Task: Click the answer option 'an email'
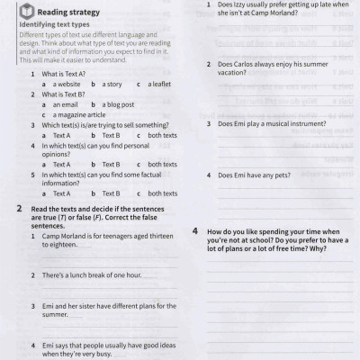pyautogui.click(x=60, y=104)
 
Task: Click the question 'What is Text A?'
pyautogui.click(x=63, y=74)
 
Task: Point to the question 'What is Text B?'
pyautogui.click(x=63, y=94)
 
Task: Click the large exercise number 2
pyautogui.click(x=20, y=209)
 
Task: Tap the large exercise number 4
pyautogui.click(x=195, y=231)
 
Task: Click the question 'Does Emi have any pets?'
pyautogui.click(x=256, y=175)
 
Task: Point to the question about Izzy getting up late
pyautogui.click(x=275, y=10)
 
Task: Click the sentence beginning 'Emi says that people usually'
pyautogui.click(x=99, y=348)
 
